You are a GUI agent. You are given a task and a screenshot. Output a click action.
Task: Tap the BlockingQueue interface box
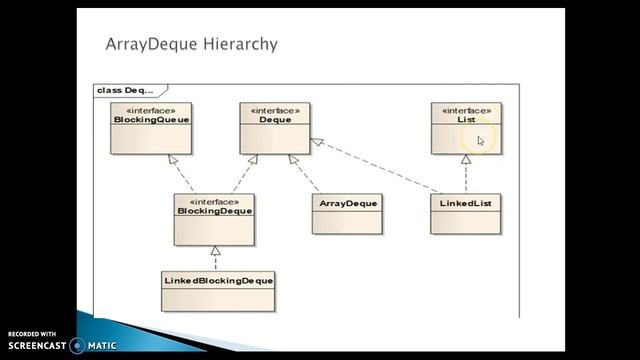click(x=151, y=127)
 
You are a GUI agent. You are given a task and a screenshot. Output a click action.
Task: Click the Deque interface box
click(x=275, y=127)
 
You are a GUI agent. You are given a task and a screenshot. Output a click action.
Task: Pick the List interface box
click(x=466, y=127)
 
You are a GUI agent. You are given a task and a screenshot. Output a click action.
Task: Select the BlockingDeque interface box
click(x=214, y=219)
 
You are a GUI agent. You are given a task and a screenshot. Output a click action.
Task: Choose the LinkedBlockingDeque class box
click(x=218, y=289)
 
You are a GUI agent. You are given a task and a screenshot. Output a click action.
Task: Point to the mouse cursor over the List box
click(x=480, y=141)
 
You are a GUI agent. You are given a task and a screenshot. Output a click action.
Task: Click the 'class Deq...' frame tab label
click(x=125, y=90)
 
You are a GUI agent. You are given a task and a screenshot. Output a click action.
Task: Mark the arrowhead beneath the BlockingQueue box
click(x=173, y=159)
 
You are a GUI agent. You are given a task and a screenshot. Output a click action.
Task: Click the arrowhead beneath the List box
click(x=466, y=159)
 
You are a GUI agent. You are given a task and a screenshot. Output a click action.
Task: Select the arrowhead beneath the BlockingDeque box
click(x=215, y=250)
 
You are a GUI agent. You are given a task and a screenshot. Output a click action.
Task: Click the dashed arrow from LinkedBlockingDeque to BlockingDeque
click(x=215, y=261)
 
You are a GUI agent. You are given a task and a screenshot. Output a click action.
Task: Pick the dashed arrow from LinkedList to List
click(x=466, y=177)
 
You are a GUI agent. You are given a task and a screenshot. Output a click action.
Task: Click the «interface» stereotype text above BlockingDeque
click(x=213, y=201)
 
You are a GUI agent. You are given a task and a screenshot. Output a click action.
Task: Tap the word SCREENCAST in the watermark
click(x=37, y=346)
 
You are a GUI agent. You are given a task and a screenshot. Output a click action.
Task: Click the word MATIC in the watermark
click(x=101, y=346)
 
